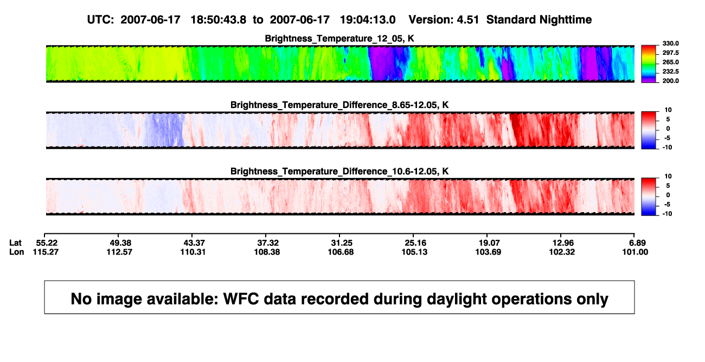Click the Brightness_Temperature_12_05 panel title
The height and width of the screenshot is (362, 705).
tap(339, 39)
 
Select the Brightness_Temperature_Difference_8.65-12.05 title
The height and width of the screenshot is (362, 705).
tap(339, 105)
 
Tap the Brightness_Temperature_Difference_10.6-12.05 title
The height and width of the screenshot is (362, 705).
tap(339, 172)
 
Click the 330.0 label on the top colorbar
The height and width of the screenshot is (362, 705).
tap(670, 43)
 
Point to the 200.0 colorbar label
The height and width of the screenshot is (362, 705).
tap(670, 81)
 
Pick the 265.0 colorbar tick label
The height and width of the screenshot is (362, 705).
tap(670, 62)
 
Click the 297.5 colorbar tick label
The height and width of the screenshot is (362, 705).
tap(670, 53)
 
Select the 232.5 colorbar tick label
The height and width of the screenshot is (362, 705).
tap(670, 72)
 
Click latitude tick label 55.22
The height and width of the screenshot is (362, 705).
tap(47, 243)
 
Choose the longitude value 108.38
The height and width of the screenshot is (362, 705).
tap(267, 252)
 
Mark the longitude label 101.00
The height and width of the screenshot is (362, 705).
tap(635, 252)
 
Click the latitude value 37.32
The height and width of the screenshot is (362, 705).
tap(268, 243)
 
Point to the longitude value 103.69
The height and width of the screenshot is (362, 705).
tap(488, 252)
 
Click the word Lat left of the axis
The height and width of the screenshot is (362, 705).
tap(15, 243)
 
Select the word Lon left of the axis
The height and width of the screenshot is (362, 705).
tap(16, 252)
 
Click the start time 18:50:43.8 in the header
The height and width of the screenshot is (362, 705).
tap(219, 20)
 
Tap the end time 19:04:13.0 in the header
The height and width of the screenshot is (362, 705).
tap(368, 20)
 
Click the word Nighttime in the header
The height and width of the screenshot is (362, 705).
tap(565, 20)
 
